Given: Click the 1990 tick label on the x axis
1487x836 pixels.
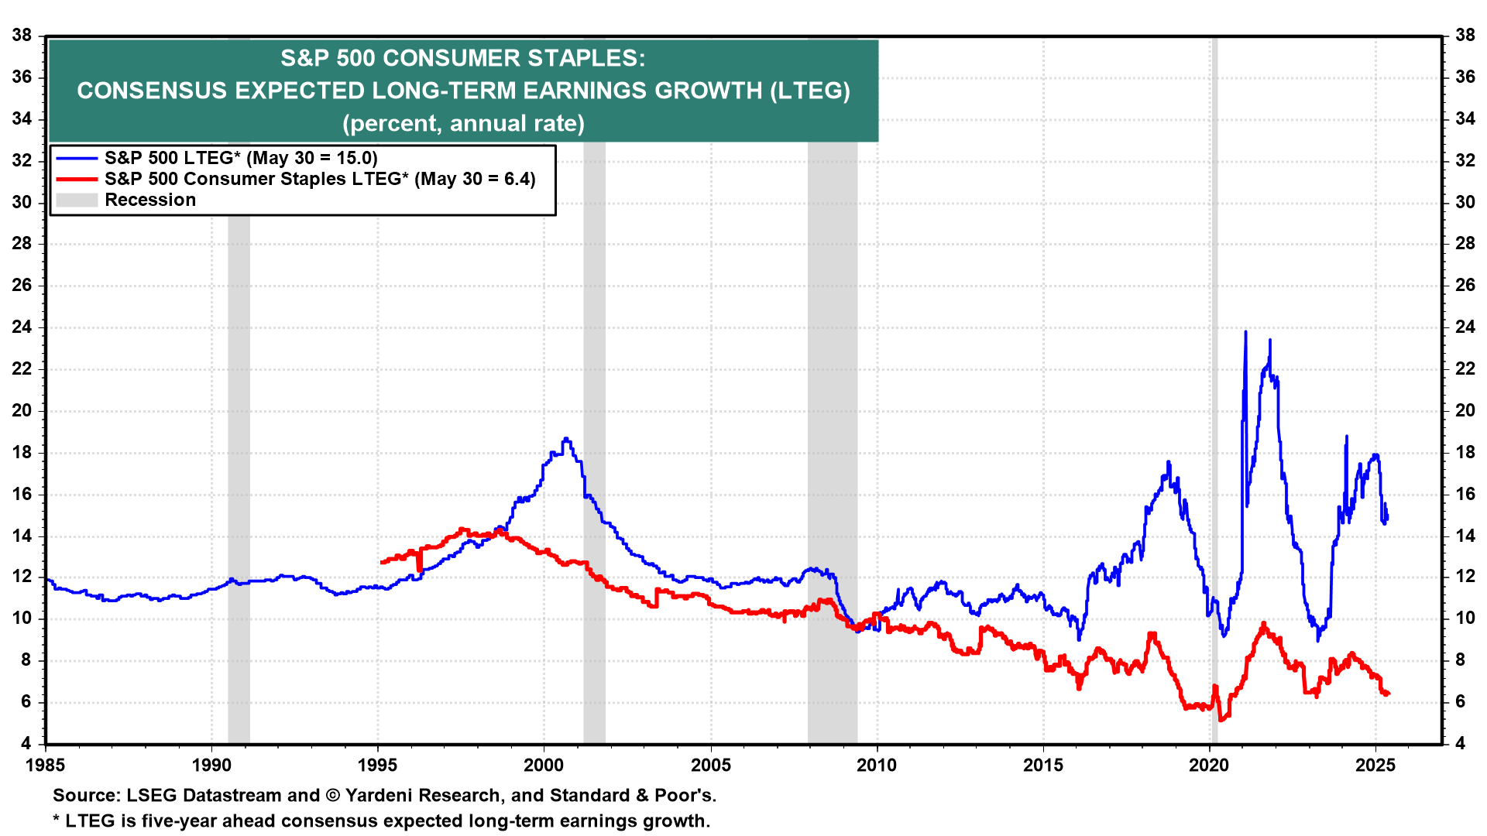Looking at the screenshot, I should tap(211, 766).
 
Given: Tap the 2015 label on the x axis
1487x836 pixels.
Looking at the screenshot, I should tap(1043, 766).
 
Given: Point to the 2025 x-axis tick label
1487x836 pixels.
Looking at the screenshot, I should tap(1375, 766).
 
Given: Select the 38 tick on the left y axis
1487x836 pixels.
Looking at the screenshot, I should tap(22, 35).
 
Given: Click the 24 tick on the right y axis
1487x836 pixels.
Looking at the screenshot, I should tap(1465, 327).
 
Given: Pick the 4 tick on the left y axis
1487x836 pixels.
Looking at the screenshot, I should tap(26, 743).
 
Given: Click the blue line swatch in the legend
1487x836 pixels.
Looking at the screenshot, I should tap(77, 159).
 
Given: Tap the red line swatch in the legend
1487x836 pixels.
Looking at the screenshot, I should tap(77, 180).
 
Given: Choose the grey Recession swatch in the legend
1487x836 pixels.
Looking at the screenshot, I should tap(77, 200).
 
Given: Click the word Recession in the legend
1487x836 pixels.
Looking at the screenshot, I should tap(150, 200).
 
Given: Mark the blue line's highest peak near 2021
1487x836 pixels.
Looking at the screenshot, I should tap(1245, 332).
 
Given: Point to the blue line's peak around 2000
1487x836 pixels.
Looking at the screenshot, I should tap(566, 439).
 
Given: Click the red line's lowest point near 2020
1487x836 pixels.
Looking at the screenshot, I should tap(1221, 720).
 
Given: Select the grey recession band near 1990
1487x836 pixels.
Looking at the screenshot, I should tap(239, 464).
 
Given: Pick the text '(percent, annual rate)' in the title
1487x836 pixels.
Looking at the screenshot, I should tap(463, 124).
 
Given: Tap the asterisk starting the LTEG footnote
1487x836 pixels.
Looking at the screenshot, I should tap(57, 820).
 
